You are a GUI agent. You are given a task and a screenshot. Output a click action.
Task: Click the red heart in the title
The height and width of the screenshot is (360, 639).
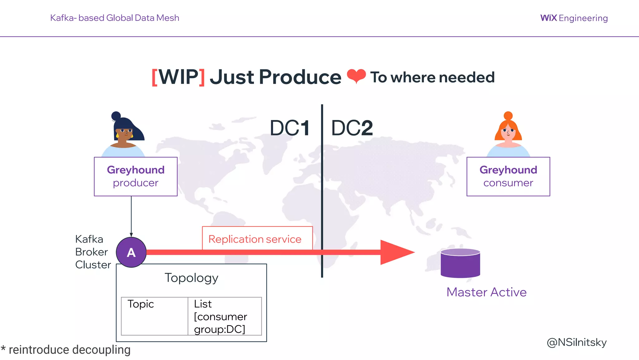coord(356,76)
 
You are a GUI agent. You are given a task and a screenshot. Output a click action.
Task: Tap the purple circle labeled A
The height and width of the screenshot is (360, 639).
coord(131,252)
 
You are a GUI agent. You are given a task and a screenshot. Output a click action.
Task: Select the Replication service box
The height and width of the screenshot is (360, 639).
coord(257,238)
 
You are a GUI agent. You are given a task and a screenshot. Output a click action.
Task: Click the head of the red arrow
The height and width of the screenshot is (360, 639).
coord(396,252)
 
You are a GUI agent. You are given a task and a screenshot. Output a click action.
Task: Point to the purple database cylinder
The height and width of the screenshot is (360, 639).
coord(460,263)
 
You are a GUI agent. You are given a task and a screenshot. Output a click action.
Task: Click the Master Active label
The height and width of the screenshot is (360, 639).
coord(486,292)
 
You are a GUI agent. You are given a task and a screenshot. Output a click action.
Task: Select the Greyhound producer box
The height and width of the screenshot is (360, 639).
coord(136,177)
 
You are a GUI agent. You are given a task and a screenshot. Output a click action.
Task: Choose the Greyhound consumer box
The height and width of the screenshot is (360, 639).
coord(508,177)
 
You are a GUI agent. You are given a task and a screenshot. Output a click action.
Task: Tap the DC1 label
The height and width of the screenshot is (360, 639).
coord(290,128)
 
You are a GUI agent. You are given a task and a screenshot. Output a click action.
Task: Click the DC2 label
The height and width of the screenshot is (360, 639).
coord(352,128)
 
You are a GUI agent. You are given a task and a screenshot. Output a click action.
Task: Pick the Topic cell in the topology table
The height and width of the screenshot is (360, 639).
coord(154,316)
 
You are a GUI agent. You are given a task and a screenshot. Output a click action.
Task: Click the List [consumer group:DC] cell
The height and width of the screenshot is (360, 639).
coord(225,316)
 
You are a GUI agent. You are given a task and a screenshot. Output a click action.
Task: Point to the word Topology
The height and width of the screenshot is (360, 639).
coord(191,278)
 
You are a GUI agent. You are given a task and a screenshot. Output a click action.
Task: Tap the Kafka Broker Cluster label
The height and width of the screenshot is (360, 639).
coord(92,252)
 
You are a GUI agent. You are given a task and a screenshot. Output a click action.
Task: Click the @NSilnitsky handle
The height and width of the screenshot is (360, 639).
coord(577,342)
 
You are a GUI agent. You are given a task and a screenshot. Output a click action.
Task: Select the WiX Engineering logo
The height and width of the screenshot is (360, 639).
coord(574,18)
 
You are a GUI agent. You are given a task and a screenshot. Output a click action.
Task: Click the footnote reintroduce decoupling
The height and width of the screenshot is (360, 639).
coord(66,350)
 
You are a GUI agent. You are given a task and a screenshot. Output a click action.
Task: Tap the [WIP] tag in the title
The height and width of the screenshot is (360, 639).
coord(178,77)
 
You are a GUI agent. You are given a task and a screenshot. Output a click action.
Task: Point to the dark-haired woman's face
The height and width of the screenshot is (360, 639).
coord(124,133)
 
